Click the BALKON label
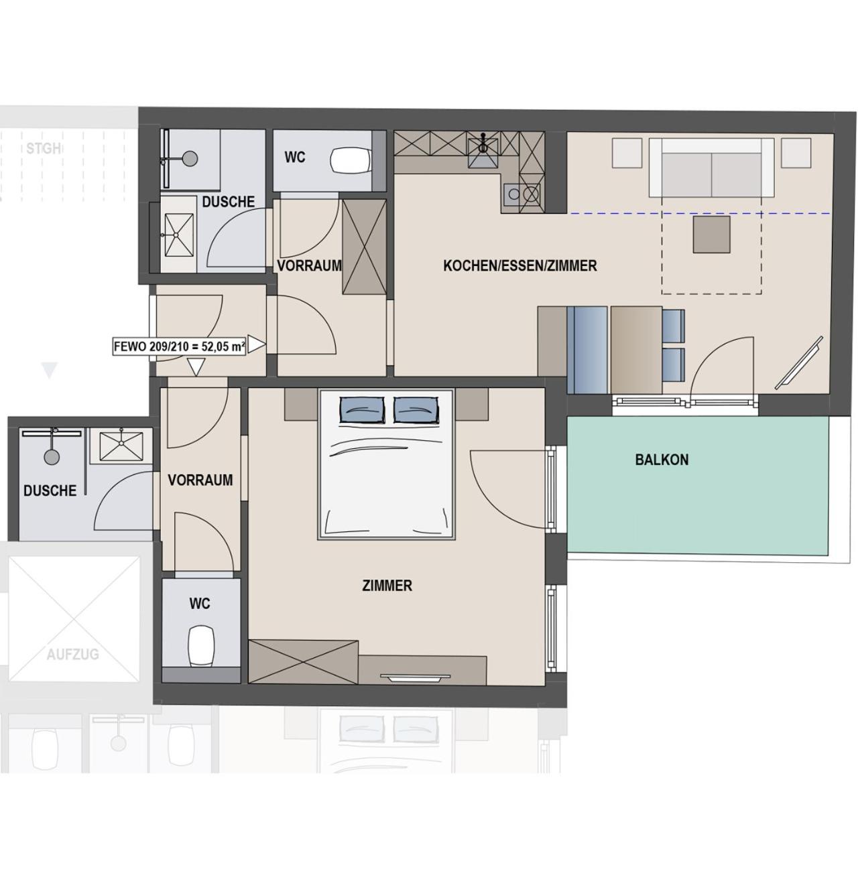click(661, 460)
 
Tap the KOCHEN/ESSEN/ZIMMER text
click(519, 265)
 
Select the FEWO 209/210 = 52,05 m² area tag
click(179, 346)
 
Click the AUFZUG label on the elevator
click(72, 654)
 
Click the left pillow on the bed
click(362, 410)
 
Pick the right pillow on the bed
click(416, 410)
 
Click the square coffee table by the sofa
click(711, 234)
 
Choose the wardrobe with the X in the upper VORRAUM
click(364, 247)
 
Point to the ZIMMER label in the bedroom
click(387, 586)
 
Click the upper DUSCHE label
click(229, 202)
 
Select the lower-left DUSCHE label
click(50, 490)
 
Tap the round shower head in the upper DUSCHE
click(190, 158)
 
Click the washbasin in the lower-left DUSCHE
click(121, 445)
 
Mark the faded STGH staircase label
click(44, 148)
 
